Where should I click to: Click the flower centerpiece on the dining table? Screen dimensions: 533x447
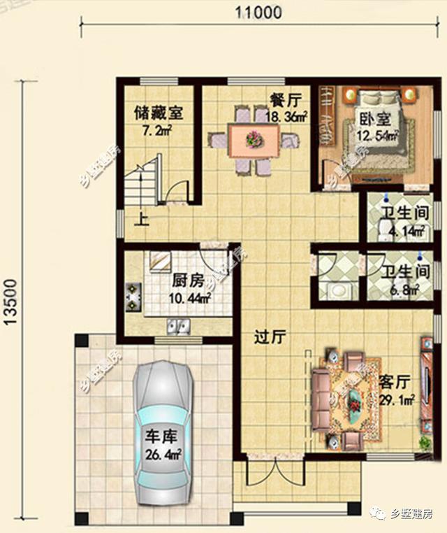click(251, 140)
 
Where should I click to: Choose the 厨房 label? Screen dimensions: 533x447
click(188, 281)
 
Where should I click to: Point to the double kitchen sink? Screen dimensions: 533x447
click(179, 325)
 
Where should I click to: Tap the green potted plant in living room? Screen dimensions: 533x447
click(424, 442)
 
